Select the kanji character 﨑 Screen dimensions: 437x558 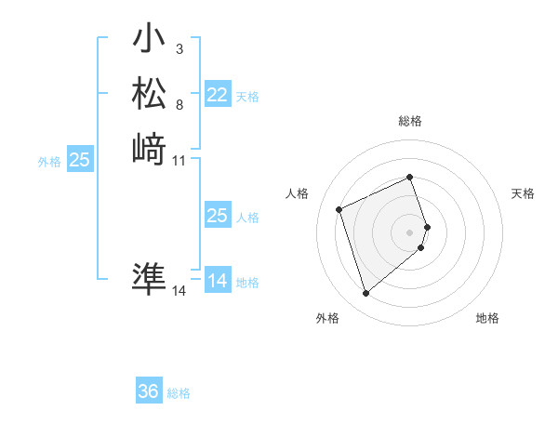tap(150, 149)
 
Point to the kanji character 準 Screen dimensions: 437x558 tap(150, 280)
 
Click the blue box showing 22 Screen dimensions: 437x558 tap(218, 95)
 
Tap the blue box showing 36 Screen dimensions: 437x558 tap(149, 391)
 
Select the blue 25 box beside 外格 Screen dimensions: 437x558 tap(80, 160)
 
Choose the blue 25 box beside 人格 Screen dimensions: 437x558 tap(218, 216)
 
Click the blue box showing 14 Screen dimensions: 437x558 tap(218, 281)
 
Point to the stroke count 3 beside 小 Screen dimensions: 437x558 tap(179, 49)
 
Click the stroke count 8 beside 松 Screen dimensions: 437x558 tap(179, 105)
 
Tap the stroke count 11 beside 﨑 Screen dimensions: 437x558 tap(179, 161)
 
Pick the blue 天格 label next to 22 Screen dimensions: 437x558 tap(247, 97)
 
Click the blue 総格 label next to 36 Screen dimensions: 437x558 tap(179, 393)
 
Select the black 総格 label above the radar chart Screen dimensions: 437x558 tap(410, 121)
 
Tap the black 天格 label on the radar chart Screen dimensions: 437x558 tap(524, 193)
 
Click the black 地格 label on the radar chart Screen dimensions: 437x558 tap(487, 318)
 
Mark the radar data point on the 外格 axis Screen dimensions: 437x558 tap(365, 294)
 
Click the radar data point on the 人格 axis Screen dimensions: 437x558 tap(339, 208)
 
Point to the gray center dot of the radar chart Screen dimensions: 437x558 tap(410, 232)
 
